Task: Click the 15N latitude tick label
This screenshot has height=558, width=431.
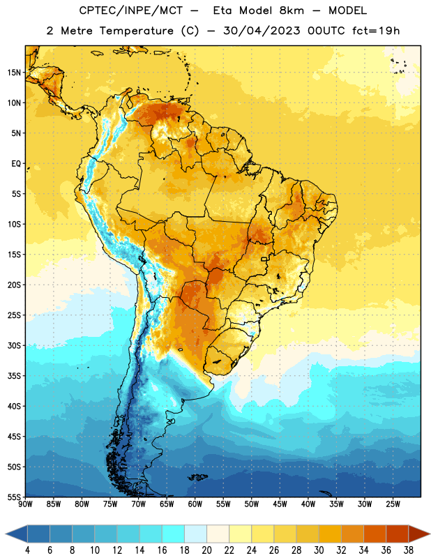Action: pyautogui.click(x=14, y=73)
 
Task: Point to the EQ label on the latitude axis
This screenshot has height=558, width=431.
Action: pyautogui.click(x=16, y=164)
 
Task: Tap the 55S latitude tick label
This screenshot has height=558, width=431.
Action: pyautogui.click(x=14, y=497)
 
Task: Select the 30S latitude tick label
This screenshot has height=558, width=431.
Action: pyautogui.click(x=14, y=345)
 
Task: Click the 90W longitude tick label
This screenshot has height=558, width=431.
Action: pyautogui.click(x=25, y=504)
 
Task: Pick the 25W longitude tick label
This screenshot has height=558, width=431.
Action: pyautogui.click(x=393, y=504)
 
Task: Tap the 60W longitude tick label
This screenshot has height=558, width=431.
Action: pyautogui.click(x=195, y=504)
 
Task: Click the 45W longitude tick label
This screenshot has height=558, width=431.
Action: pyautogui.click(x=280, y=504)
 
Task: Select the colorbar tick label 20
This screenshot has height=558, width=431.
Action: pyautogui.click(x=206, y=550)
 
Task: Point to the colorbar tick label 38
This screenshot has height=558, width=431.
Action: pyautogui.click(x=409, y=550)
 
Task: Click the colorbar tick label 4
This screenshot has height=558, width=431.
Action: pyautogui.click(x=27, y=550)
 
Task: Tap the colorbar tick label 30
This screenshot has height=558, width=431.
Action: pyautogui.click(x=319, y=550)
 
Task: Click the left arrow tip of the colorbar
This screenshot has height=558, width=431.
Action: pyautogui.click(x=6, y=534)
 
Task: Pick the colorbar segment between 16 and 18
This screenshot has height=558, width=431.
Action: pyautogui.click(x=174, y=534)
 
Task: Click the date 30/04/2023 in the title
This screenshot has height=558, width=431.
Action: pyautogui.click(x=262, y=31)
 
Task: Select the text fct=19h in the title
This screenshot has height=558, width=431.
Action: pyautogui.click(x=376, y=31)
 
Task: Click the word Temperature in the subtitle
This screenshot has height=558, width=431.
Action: pyautogui.click(x=136, y=31)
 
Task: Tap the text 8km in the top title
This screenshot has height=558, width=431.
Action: pyautogui.click(x=292, y=10)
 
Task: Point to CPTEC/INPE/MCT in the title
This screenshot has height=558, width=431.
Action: pyautogui.click(x=130, y=10)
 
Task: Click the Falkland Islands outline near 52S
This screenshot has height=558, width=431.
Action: pyautogui.click(x=198, y=477)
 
